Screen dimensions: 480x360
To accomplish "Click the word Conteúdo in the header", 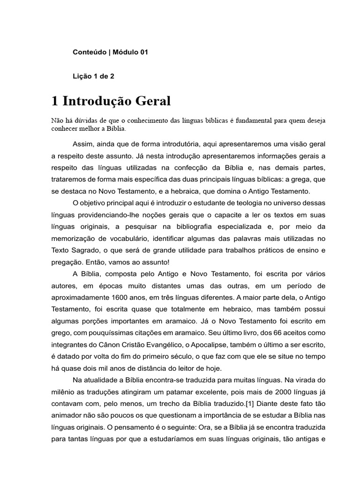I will coord(89,52).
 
